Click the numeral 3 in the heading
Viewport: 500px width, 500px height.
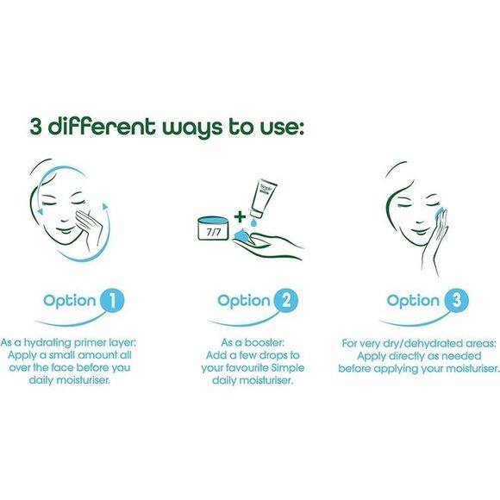36,127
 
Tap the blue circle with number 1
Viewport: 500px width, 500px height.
112,300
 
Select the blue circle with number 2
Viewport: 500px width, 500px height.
285,300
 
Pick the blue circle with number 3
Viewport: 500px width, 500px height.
456,300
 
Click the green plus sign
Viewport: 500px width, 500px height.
240,217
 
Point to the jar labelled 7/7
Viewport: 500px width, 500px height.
213,228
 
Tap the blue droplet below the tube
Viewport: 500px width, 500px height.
253,223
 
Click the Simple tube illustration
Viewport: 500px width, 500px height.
263,198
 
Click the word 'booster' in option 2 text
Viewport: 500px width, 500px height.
265,343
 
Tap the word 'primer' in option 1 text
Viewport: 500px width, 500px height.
88,343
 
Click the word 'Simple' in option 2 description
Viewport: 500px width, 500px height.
288,368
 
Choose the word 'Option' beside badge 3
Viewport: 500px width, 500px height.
413,301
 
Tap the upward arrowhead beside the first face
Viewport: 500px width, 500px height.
105,206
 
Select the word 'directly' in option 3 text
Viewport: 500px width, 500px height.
407,356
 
